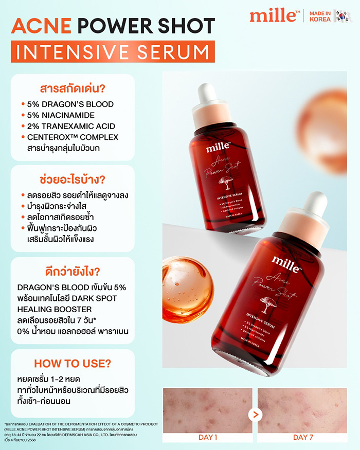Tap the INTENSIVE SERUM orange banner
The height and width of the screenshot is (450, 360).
[113, 52]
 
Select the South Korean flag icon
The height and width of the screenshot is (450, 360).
[343, 15]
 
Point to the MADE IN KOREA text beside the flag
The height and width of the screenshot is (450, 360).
[321, 15]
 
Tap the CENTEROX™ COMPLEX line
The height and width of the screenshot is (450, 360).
[73, 137]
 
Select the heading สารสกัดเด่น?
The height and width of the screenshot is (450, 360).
[72, 87]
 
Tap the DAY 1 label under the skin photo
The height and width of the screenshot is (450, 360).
[208, 437]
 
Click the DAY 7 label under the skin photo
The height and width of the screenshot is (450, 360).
[302, 437]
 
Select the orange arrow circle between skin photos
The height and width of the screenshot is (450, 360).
[255, 412]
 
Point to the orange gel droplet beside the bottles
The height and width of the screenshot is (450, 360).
[188, 281]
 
